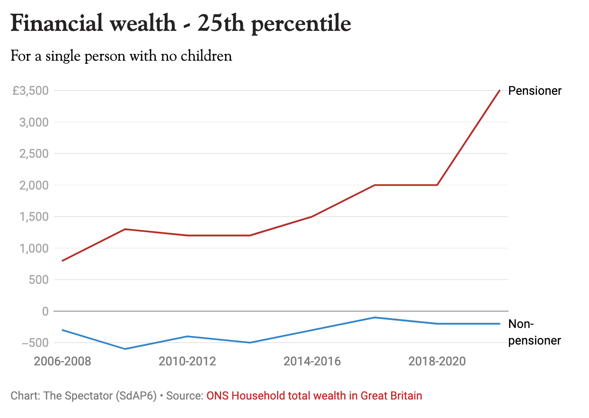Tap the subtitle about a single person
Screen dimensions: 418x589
click(121, 56)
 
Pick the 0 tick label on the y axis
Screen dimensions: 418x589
click(45, 311)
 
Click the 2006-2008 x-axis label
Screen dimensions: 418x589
click(62, 362)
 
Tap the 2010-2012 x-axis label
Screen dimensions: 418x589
click(187, 362)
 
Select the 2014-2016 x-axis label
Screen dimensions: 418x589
click(312, 362)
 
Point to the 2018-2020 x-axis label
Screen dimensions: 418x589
click(437, 362)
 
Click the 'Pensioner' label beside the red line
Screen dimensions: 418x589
click(535, 91)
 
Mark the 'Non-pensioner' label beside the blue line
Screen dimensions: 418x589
click(534, 332)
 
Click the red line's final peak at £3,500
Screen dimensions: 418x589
click(500, 91)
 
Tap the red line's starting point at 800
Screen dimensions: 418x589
click(62, 261)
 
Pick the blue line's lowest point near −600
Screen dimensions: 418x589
click(125, 349)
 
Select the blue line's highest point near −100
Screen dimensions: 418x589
click(375, 318)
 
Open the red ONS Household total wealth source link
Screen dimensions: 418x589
click(314, 395)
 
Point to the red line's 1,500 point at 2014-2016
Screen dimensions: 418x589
click(312, 217)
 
